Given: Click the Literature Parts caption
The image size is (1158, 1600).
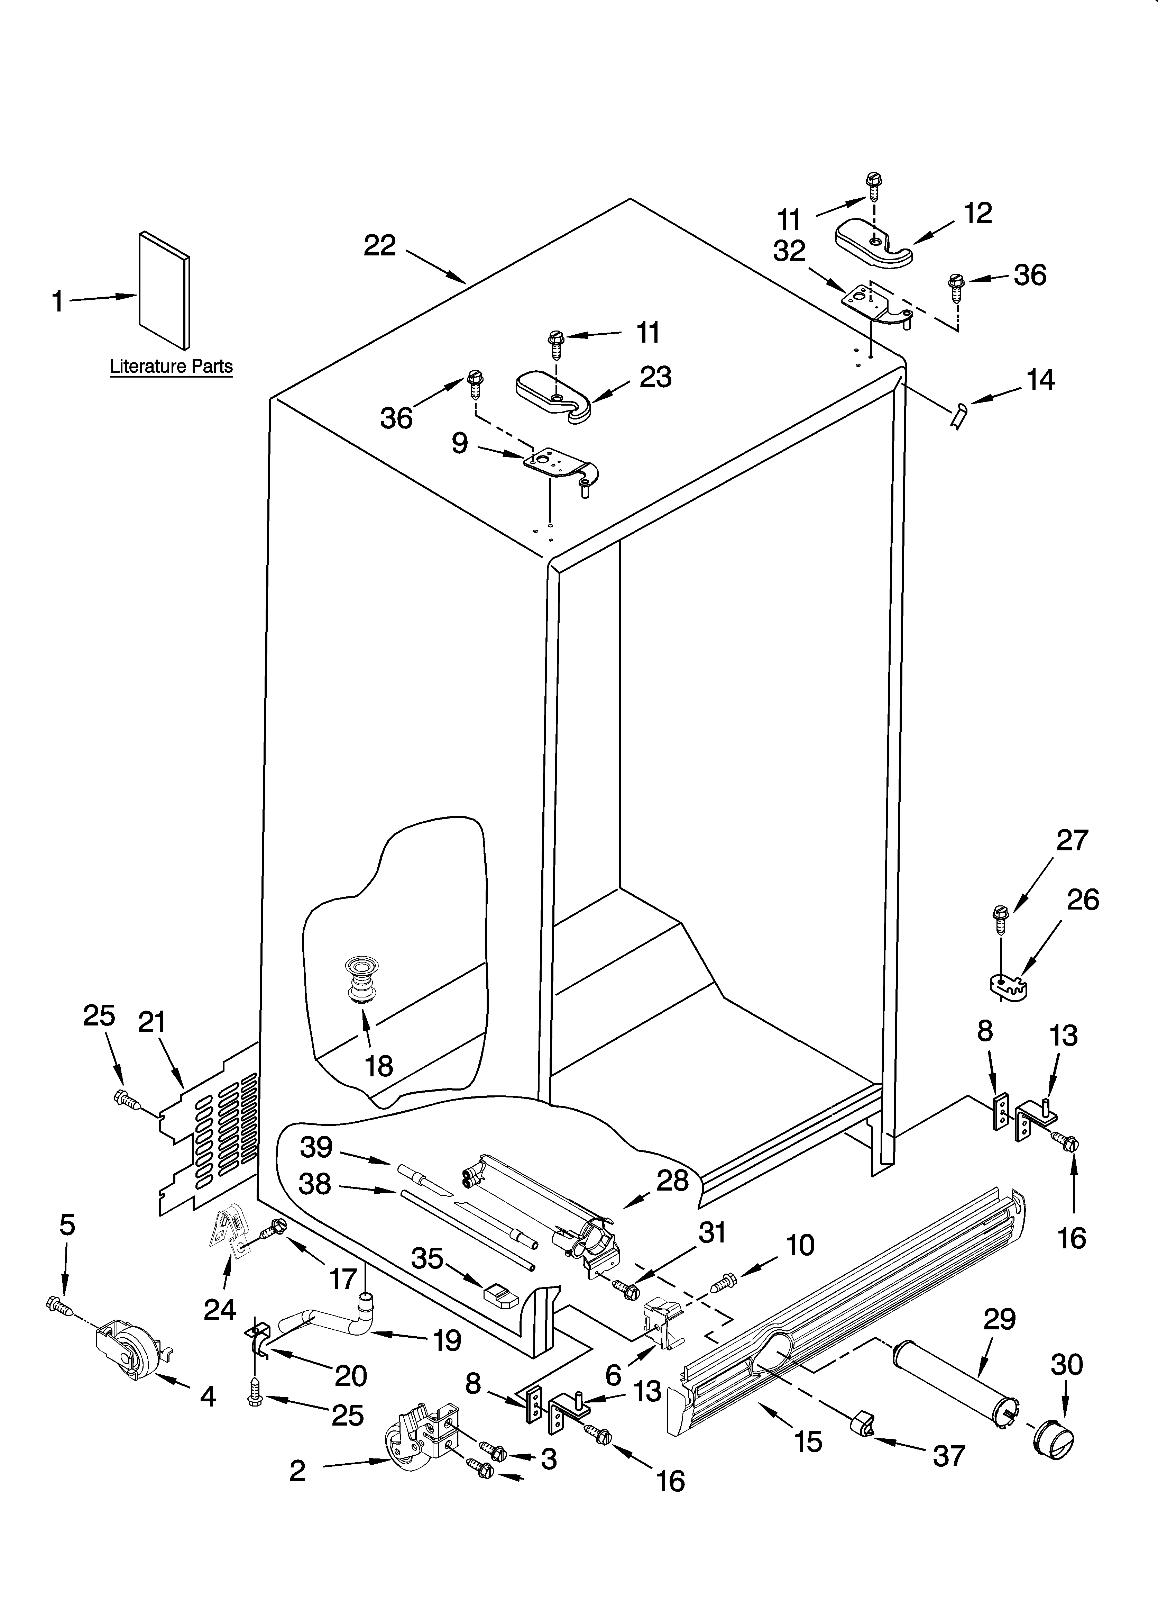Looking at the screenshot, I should [x=171, y=367].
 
